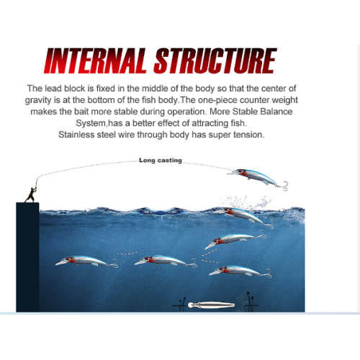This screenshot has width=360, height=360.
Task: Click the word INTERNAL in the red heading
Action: point(95,60)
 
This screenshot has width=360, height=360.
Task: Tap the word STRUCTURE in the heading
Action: point(215,60)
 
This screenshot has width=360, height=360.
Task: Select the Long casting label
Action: point(161,161)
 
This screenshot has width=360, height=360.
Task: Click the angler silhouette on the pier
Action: point(32,194)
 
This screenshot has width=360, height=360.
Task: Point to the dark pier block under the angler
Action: point(27,257)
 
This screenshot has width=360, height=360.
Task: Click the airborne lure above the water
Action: point(257,179)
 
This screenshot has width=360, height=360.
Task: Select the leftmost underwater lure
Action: point(86,261)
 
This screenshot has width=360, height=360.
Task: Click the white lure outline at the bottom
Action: point(211,305)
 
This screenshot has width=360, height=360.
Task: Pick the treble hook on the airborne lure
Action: point(283,186)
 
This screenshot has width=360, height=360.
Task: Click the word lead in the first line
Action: point(53,89)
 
